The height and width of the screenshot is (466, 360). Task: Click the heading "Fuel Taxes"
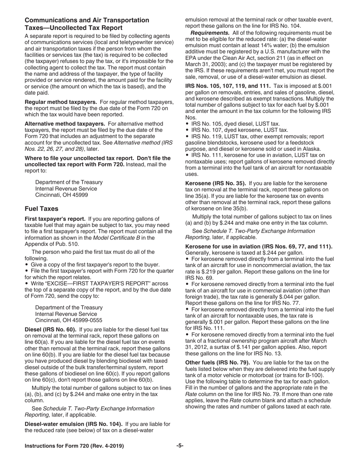tap(41, 209)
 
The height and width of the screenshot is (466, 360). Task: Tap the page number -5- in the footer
tap(180, 446)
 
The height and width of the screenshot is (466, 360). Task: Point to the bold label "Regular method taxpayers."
tap(61, 102)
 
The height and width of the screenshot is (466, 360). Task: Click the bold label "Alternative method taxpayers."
tap(65, 124)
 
